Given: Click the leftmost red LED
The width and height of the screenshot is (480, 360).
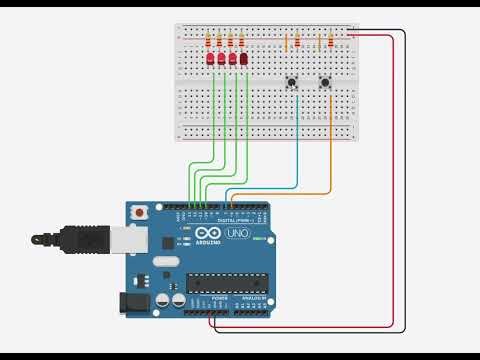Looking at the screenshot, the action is (x=210, y=59).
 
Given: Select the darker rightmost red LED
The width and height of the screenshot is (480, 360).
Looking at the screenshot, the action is (x=243, y=59).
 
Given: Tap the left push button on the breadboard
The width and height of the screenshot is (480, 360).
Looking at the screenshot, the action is (x=293, y=82).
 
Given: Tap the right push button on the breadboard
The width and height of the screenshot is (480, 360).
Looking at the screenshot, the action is (x=325, y=82).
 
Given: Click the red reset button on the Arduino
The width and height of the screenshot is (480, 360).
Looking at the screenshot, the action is (x=139, y=213).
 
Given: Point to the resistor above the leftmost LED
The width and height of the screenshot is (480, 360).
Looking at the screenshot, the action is (x=208, y=41).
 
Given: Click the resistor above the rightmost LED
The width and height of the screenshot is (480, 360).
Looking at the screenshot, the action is (x=241, y=41).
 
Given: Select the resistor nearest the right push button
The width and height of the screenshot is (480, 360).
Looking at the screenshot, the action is (x=330, y=42).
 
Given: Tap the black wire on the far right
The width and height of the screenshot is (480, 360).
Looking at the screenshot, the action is (x=405, y=180).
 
